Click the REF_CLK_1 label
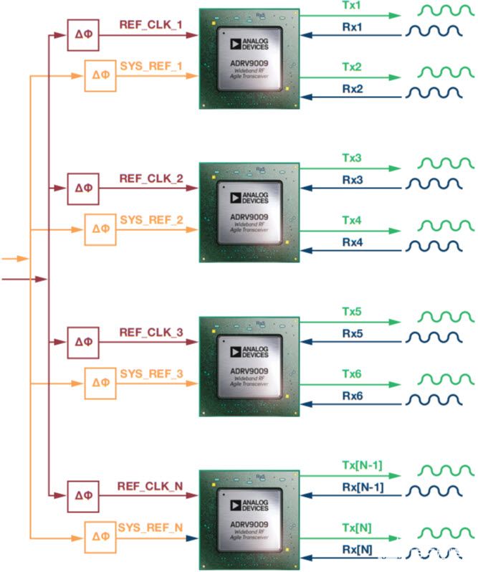[151, 24]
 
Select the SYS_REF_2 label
[151, 217]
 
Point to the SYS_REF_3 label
[151, 373]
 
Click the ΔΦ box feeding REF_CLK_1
[83, 34]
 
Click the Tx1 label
[352, 6]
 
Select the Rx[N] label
[358, 550]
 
